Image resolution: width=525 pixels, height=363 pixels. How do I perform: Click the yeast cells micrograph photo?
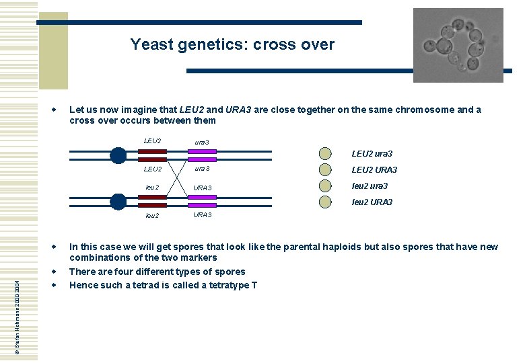point(458,44)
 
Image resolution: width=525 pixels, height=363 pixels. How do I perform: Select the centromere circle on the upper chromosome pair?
point(118,155)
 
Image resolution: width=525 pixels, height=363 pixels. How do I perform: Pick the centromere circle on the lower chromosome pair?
point(118,201)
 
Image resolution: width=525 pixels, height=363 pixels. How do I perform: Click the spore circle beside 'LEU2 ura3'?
point(325,153)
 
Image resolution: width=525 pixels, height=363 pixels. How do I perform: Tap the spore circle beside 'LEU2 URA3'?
point(325,169)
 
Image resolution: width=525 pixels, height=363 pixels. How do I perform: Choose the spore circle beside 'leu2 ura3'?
point(325,186)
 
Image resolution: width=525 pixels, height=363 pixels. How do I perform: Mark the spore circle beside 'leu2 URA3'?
point(325,202)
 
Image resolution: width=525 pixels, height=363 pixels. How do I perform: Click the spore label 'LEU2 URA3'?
point(374,170)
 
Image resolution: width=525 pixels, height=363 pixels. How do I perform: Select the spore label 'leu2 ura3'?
point(370,186)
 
